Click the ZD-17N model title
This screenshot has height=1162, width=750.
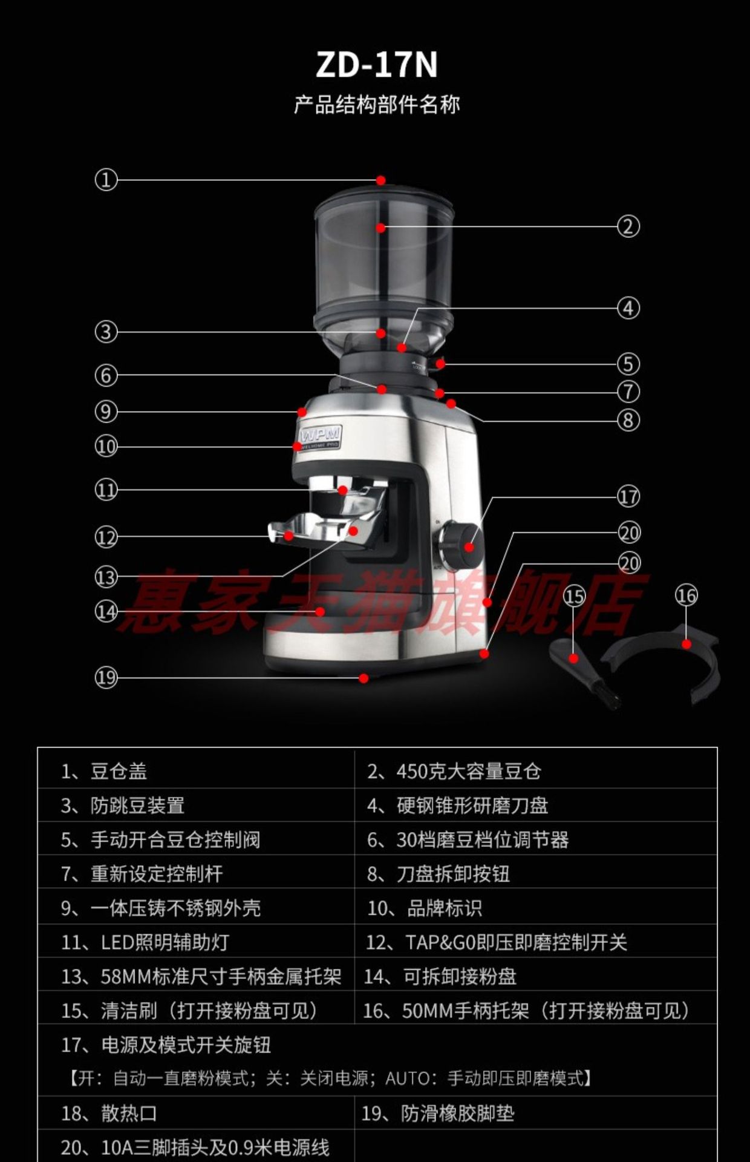(x=376, y=65)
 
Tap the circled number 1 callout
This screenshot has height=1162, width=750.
(x=106, y=180)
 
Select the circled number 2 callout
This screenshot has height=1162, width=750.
(x=628, y=226)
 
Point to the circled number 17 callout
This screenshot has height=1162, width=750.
(x=628, y=496)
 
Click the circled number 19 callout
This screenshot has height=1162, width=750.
(x=106, y=677)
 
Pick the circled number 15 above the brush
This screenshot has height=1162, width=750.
(x=574, y=597)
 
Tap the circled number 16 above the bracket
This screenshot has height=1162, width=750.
(x=686, y=596)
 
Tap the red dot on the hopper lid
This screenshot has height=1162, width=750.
(x=380, y=180)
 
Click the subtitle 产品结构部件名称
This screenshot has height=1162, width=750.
(x=377, y=105)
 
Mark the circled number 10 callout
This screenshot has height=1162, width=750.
(x=106, y=447)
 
